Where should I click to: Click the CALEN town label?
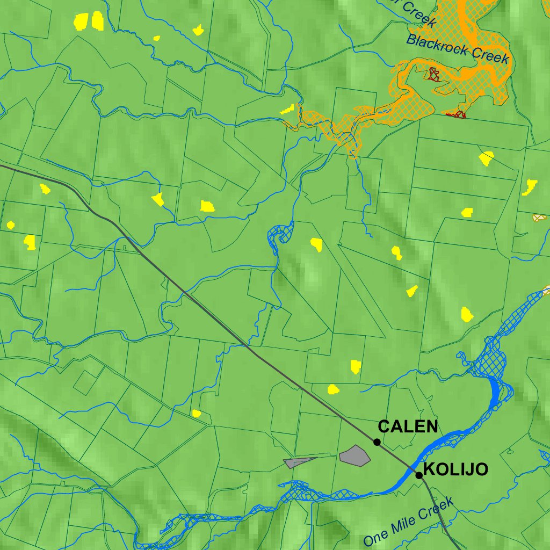tap(408, 426)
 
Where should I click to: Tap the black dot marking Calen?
tap(377, 442)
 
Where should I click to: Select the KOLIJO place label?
tap(455, 469)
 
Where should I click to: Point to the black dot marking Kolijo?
tap(419, 475)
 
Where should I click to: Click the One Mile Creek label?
tap(408, 522)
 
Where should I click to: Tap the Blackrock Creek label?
tap(457, 48)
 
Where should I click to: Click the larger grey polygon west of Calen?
tap(355, 455)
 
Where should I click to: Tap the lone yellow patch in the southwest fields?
tap(196, 413)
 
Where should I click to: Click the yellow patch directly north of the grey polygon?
tap(355, 367)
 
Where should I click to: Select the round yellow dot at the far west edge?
tap(10, 225)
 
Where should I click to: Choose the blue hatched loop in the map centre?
tap(279, 236)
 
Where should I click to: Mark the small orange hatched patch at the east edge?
tap(539, 218)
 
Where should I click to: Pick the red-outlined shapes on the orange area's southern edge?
tap(455, 114)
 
